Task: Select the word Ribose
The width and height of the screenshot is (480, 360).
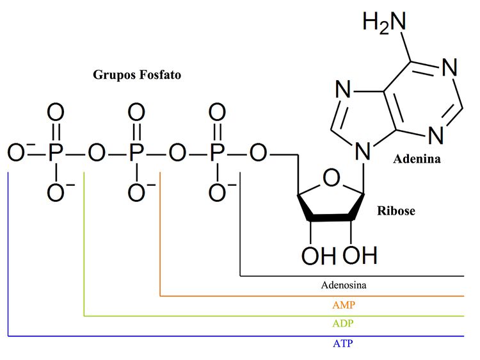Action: tap(396, 210)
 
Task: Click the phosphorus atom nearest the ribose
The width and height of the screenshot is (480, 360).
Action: tap(218, 154)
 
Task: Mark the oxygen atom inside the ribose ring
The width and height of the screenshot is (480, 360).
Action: tap(330, 177)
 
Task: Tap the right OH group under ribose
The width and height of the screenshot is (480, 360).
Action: tap(360, 256)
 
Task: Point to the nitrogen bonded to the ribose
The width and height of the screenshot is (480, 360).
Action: tap(364, 151)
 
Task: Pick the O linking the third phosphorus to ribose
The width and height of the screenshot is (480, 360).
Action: tap(258, 154)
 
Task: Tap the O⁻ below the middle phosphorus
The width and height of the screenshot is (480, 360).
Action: tap(136, 192)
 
